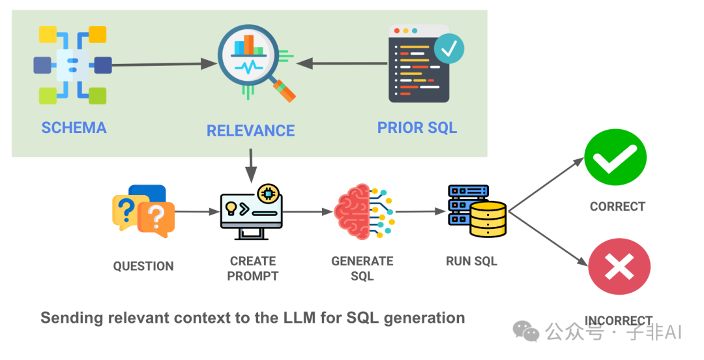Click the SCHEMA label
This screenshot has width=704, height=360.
coord(74,127)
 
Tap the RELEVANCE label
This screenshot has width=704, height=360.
coord(250,130)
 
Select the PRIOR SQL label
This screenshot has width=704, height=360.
coord(417,127)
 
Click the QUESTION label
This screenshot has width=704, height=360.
coord(143,266)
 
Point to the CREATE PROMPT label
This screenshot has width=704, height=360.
coord(253,268)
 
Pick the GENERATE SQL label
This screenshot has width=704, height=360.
coord(362,268)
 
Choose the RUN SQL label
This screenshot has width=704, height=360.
coord(471,262)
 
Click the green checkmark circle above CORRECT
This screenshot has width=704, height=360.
coord(615,158)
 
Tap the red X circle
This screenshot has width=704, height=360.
coord(619,267)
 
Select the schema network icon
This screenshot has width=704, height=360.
coord(72,65)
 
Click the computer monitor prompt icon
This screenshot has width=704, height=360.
coord(252,213)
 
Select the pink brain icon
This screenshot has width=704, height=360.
coord(355,211)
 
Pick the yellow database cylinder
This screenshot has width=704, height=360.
coord(488,219)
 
